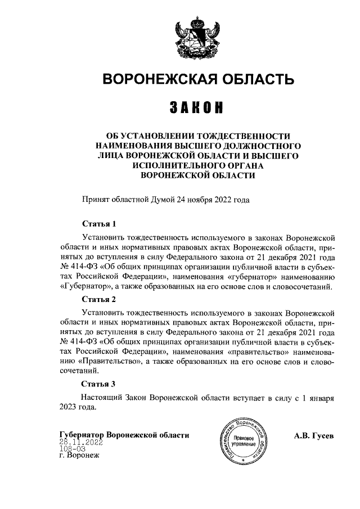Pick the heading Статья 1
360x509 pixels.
coord(98,223)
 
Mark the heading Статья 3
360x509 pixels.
coord(98,385)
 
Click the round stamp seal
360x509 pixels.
coord(242,442)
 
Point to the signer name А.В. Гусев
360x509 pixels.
coord(314,435)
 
